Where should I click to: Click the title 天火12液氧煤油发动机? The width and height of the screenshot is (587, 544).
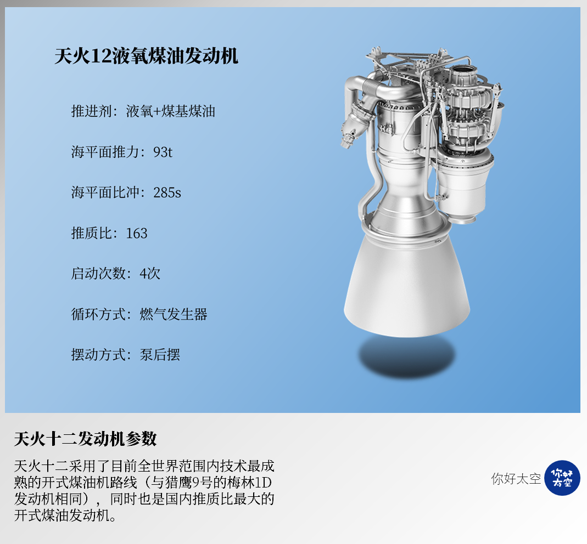pyautogui.click(x=147, y=56)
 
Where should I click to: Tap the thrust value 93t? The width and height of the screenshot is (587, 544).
pyautogui.click(x=163, y=152)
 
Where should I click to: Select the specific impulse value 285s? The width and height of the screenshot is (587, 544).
pyautogui.click(x=167, y=192)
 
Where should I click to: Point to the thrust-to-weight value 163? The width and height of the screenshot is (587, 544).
pyautogui.click(x=137, y=233)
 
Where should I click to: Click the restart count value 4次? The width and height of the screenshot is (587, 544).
pyautogui.click(x=150, y=274)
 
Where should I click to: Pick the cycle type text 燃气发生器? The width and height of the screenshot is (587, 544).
pyautogui.click(x=174, y=314)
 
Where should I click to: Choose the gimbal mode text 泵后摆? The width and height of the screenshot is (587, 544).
pyautogui.click(x=160, y=355)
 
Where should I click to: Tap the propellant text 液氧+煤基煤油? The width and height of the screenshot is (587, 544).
pyautogui.click(x=171, y=111)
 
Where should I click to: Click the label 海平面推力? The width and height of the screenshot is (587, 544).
pyautogui.click(x=105, y=152)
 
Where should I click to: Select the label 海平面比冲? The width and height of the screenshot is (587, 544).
pyautogui.click(x=105, y=192)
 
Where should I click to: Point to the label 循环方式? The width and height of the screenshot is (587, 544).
pyautogui.click(x=98, y=314)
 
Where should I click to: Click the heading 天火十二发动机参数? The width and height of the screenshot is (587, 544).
pyautogui.click(x=85, y=439)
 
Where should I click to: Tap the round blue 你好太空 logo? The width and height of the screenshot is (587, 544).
pyautogui.click(x=562, y=478)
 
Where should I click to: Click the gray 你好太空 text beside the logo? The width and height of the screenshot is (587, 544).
pyautogui.click(x=516, y=479)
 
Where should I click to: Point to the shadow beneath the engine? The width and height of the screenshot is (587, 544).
pyautogui.click(x=407, y=356)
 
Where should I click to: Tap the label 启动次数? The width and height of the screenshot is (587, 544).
pyautogui.click(x=98, y=274)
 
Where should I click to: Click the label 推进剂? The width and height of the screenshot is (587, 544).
pyautogui.click(x=92, y=111)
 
